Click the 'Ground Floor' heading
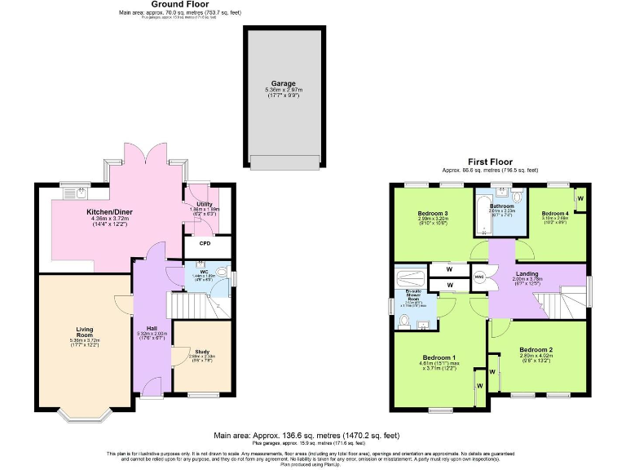tap(168, 5)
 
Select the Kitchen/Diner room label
tap(110, 212)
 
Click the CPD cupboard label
tap(205, 243)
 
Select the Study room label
tap(201, 352)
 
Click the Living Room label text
tap(85, 333)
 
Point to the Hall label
tap(152, 328)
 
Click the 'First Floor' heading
tap(490, 162)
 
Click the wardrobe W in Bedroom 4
tap(580, 198)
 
